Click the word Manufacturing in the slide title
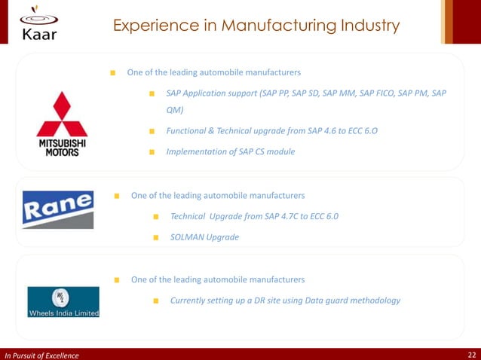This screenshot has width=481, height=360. (x=248, y=26)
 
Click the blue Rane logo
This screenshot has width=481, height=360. (x=57, y=209)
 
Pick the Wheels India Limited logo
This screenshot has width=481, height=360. (x=63, y=302)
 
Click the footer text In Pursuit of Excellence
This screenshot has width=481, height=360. (x=41, y=354)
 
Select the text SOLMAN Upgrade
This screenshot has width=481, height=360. (x=204, y=237)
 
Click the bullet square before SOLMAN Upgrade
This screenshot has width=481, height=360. (x=155, y=238)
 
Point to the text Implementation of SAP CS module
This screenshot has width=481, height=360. (x=230, y=151)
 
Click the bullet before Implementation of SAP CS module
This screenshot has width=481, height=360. (x=152, y=152)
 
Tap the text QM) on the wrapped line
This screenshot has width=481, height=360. (x=174, y=110)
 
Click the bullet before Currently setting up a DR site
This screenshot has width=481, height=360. (x=155, y=301)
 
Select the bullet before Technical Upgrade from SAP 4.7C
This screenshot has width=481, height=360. (x=155, y=217)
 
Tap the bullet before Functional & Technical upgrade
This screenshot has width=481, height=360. (x=152, y=132)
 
